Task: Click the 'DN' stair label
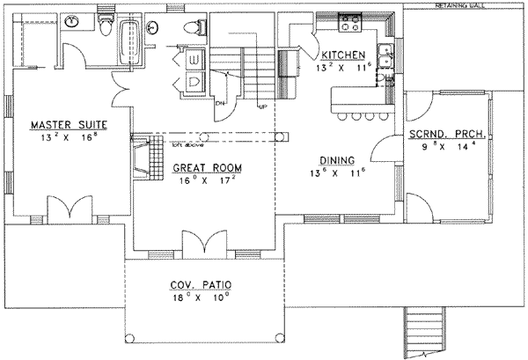pyautogui.click(x=220, y=102)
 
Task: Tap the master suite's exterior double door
pyautogui.click(x=66, y=211)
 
